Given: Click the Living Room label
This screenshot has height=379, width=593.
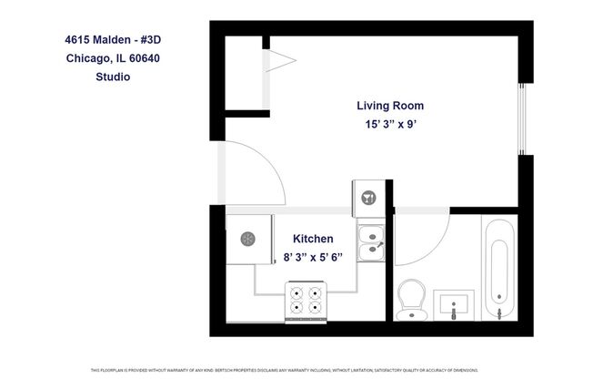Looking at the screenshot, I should (389, 106).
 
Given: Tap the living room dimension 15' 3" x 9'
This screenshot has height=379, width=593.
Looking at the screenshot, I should (389, 125).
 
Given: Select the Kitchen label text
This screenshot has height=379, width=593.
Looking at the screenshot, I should (318, 238).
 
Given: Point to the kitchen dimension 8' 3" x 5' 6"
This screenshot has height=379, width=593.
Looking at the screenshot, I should (318, 257).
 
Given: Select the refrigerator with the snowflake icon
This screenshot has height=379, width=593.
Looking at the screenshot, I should (248, 239).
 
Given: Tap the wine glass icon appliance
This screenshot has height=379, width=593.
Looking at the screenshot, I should (369, 195).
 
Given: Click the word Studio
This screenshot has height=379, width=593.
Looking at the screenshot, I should (113, 77).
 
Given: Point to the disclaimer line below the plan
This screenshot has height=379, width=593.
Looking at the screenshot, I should (296, 370).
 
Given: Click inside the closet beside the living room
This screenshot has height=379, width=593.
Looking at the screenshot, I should (243, 73).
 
